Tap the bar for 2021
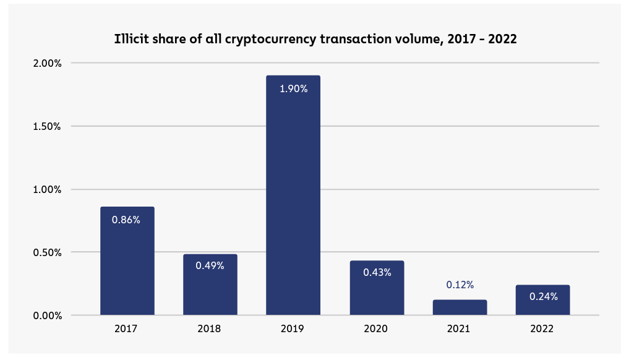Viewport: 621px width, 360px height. (x=460, y=307)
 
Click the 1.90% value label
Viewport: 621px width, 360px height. (x=293, y=88)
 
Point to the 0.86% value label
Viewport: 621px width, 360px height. (x=126, y=220)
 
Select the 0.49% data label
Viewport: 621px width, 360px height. (x=210, y=265)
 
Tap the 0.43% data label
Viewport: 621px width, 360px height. (x=377, y=272)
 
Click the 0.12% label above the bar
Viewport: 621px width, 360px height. (x=460, y=285)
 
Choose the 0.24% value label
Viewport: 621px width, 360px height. (x=543, y=296)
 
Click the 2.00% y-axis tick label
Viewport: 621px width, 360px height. (x=47, y=63)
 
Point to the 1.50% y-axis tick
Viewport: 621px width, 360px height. (x=47, y=126)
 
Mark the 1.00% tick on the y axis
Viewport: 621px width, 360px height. (x=47, y=189)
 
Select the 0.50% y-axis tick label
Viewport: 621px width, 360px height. (x=47, y=252)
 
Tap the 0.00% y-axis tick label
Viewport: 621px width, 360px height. (x=47, y=315)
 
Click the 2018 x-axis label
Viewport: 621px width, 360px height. (x=210, y=329)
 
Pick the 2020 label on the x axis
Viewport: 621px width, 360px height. (x=376, y=329)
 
